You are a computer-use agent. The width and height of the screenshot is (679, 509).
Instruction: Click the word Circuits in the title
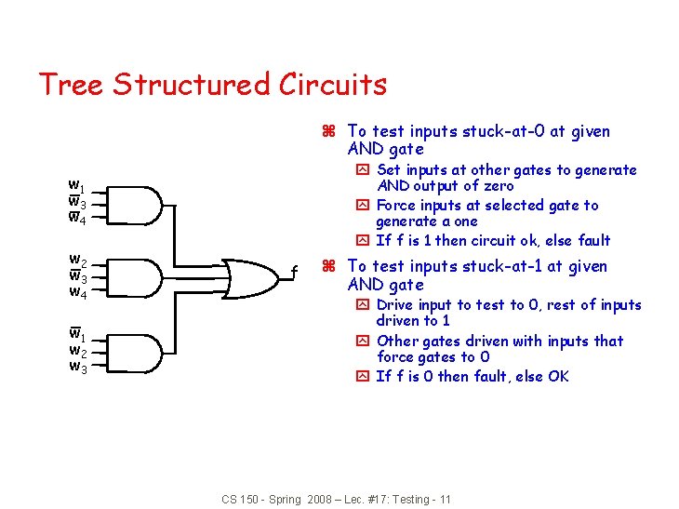pyautogui.click(x=332, y=85)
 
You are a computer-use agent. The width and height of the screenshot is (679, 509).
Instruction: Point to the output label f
pyautogui.click(x=295, y=273)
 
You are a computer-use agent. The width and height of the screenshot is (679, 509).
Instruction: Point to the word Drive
pyautogui.click(x=397, y=305)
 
